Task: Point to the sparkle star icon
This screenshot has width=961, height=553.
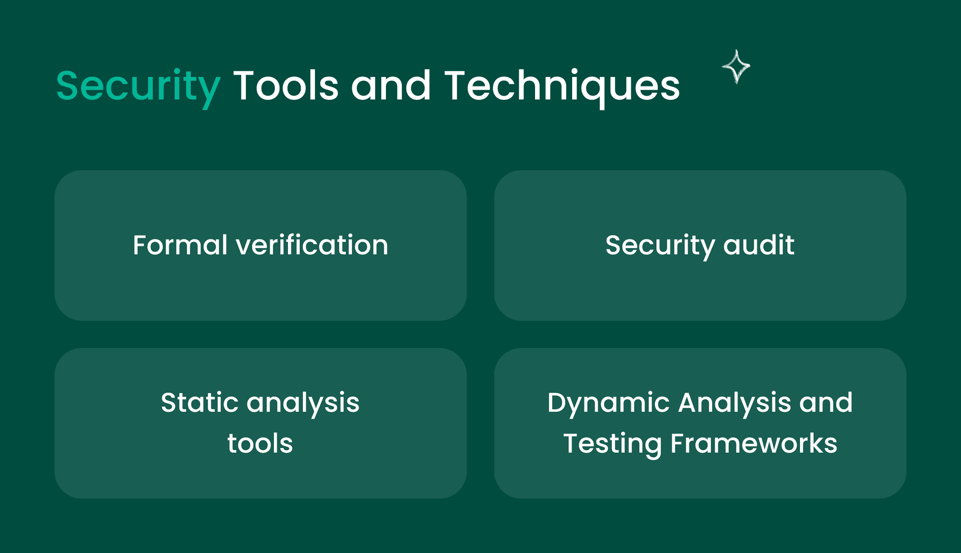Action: point(736,66)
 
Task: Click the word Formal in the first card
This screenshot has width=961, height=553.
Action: point(180,245)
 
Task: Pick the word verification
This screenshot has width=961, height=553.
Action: point(312,245)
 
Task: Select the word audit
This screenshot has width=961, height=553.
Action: point(759,245)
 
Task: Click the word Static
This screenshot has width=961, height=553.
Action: point(199,402)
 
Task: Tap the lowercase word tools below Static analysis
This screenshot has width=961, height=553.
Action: point(260,443)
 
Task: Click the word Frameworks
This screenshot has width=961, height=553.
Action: point(754,443)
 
